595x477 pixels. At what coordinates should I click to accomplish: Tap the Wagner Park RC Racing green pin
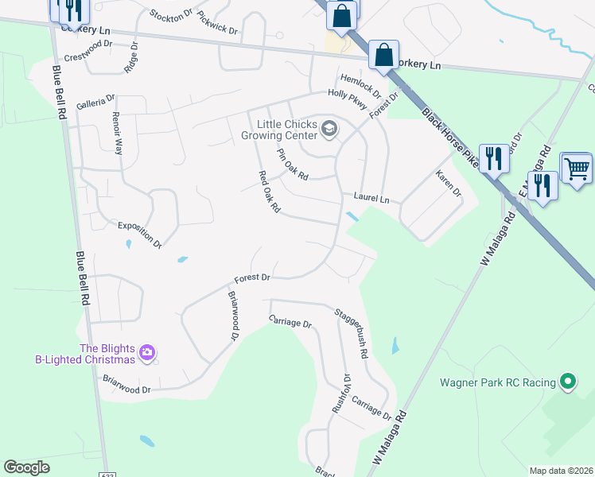click(x=567, y=382)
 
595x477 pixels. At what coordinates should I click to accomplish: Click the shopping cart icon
click(x=576, y=167)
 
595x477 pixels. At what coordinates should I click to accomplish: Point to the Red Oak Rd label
click(x=270, y=192)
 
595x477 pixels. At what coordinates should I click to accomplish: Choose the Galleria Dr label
click(x=95, y=102)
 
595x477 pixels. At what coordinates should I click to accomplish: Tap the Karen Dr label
click(x=449, y=183)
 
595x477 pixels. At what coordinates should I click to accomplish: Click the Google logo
click(x=26, y=467)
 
